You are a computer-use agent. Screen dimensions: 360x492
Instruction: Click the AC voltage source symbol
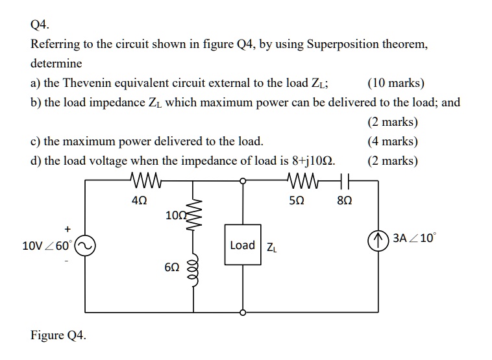click(85, 246)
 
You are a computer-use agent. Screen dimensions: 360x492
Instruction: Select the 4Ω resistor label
click(139, 200)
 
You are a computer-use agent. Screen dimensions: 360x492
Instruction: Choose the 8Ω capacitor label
click(345, 200)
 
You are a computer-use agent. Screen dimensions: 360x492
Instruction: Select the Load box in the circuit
click(243, 245)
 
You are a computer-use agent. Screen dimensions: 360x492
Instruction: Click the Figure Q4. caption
click(58, 335)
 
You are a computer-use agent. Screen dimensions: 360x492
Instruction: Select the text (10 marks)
click(395, 83)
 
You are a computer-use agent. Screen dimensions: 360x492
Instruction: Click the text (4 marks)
click(393, 141)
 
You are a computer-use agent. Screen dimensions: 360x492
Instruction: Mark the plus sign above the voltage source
click(67, 228)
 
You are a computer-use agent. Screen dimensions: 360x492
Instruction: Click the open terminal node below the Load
click(243, 312)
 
